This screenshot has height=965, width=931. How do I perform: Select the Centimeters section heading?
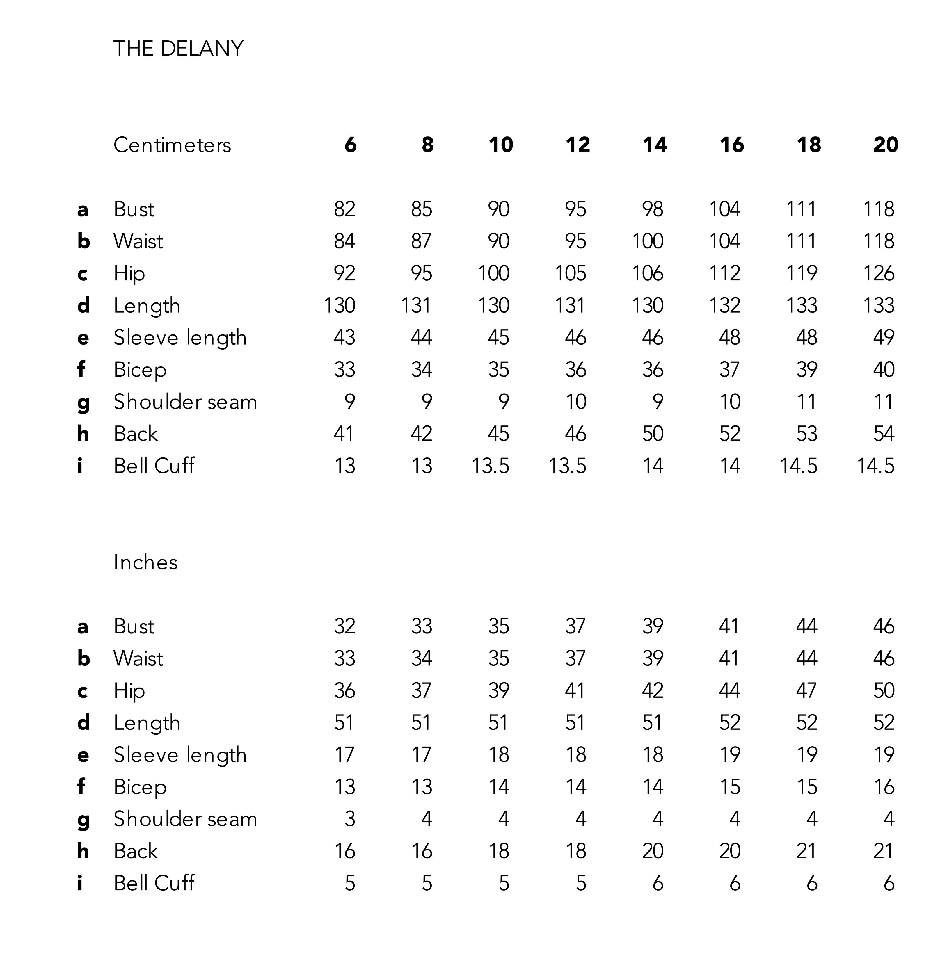pyautogui.click(x=172, y=145)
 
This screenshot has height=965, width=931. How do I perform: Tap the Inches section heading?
pyautogui.click(x=145, y=562)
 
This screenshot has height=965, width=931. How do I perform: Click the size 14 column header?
pyautogui.click(x=655, y=145)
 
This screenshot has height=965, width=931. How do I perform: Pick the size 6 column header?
pyautogui.click(x=350, y=145)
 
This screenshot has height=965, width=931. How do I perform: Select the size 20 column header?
pyautogui.click(x=886, y=145)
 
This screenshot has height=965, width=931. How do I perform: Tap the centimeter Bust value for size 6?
pyautogui.click(x=344, y=209)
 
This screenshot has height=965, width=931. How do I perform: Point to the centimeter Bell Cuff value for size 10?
pyautogui.click(x=491, y=466)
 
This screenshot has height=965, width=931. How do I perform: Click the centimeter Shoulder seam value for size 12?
pyautogui.click(x=575, y=402)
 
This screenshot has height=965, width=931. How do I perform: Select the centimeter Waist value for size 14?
pyautogui.click(x=647, y=241)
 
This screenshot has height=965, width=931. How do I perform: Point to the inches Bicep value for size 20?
pyautogui.click(x=884, y=787)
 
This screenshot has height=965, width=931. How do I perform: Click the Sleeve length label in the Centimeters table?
pyautogui.click(x=180, y=338)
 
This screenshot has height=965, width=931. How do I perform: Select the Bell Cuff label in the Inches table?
pyautogui.click(x=154, y=883)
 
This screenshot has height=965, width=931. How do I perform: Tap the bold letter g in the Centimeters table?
pyautogui.click(x=83, y=403)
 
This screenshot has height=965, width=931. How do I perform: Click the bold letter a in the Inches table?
pyautogui.click(x=83, y=627)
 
